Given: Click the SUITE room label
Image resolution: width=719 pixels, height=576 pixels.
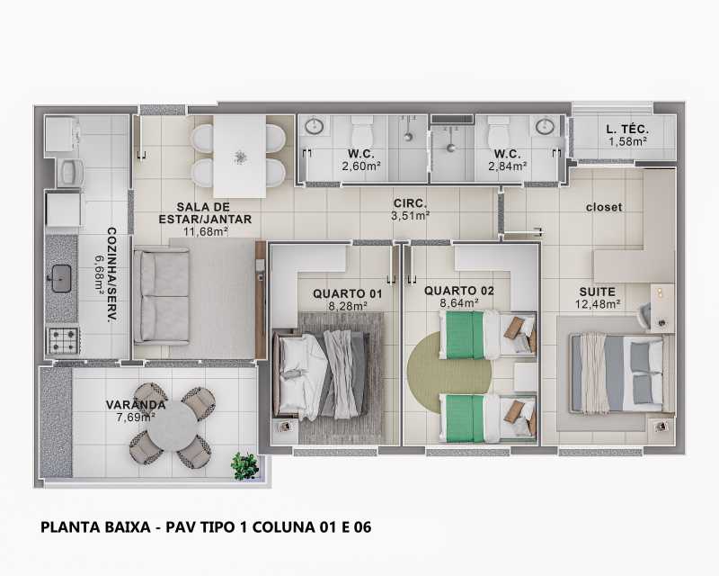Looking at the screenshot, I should click(x=598, y=292).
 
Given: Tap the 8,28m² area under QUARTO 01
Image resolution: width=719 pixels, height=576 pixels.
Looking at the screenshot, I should click(x=348, y=306).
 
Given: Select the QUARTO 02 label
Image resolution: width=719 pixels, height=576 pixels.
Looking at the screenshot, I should click(x=458, y=291).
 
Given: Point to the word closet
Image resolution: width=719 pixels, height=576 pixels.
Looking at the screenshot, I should click(x=603, y=207).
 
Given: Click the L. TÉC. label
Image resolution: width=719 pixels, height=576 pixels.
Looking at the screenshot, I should click(x=628, y=130).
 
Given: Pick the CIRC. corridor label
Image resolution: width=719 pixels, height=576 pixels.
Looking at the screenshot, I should click(x=410, y=203).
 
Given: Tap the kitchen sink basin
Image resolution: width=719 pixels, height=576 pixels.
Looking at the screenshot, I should click(x=61, y=277).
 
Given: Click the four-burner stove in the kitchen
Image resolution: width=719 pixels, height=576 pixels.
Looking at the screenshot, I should click(x=63, y=339).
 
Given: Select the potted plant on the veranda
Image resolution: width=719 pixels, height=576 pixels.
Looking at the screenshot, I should click(x=244, y=464).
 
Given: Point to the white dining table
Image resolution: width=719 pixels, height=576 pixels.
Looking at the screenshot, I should click(x=239, y=155).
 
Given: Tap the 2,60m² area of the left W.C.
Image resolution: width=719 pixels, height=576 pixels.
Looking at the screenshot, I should click(x=359, y=166).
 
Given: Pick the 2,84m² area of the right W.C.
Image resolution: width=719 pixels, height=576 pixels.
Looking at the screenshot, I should click(x=508, y=166).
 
